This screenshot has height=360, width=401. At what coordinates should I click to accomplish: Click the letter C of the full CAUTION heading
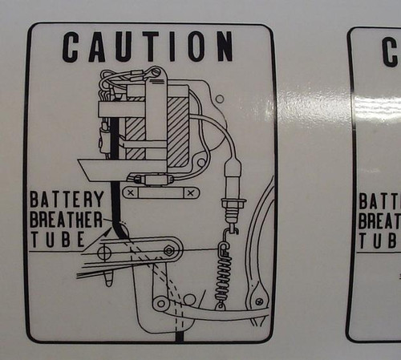(71, 47)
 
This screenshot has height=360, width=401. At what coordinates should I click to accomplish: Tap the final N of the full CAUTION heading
(224, 47)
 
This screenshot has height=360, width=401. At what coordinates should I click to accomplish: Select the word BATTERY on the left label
(67, 199)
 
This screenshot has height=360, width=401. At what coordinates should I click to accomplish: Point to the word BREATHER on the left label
(66, 219)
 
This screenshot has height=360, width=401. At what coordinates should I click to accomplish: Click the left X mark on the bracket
(130, 193)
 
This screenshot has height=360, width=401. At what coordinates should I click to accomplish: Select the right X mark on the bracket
(189, 193)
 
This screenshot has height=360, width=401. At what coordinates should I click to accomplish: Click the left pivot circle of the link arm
(104, 253)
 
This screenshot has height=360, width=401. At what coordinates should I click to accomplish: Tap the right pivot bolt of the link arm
(168, 251)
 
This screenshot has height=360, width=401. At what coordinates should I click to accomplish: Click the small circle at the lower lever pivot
(161, 304)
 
